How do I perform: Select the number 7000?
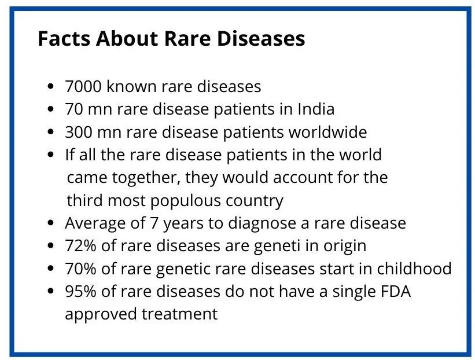coord(83,87)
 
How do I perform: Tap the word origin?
coord(345,246)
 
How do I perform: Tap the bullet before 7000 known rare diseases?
coord(51,87)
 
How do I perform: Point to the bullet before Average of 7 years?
coord(51,223)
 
